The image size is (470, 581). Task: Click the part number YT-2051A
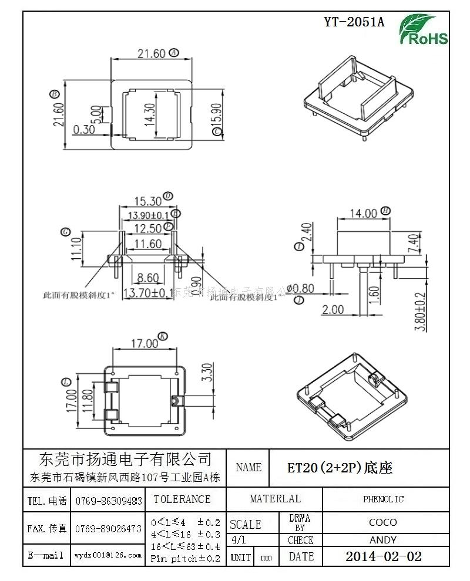(x=354, y=22)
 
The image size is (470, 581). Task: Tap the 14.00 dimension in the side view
(x=362, y=214)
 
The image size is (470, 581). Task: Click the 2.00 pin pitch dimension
(x=333, y=309)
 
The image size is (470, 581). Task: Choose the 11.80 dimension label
(x=87, y=401)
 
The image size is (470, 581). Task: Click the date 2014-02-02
(x=383, y=556)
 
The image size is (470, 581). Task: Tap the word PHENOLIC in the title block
(x=383, y=499)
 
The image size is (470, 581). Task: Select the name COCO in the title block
(x=383, y=522)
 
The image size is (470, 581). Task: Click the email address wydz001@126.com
(x=108, y=555)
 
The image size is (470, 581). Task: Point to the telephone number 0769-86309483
(x=108, y=501)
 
